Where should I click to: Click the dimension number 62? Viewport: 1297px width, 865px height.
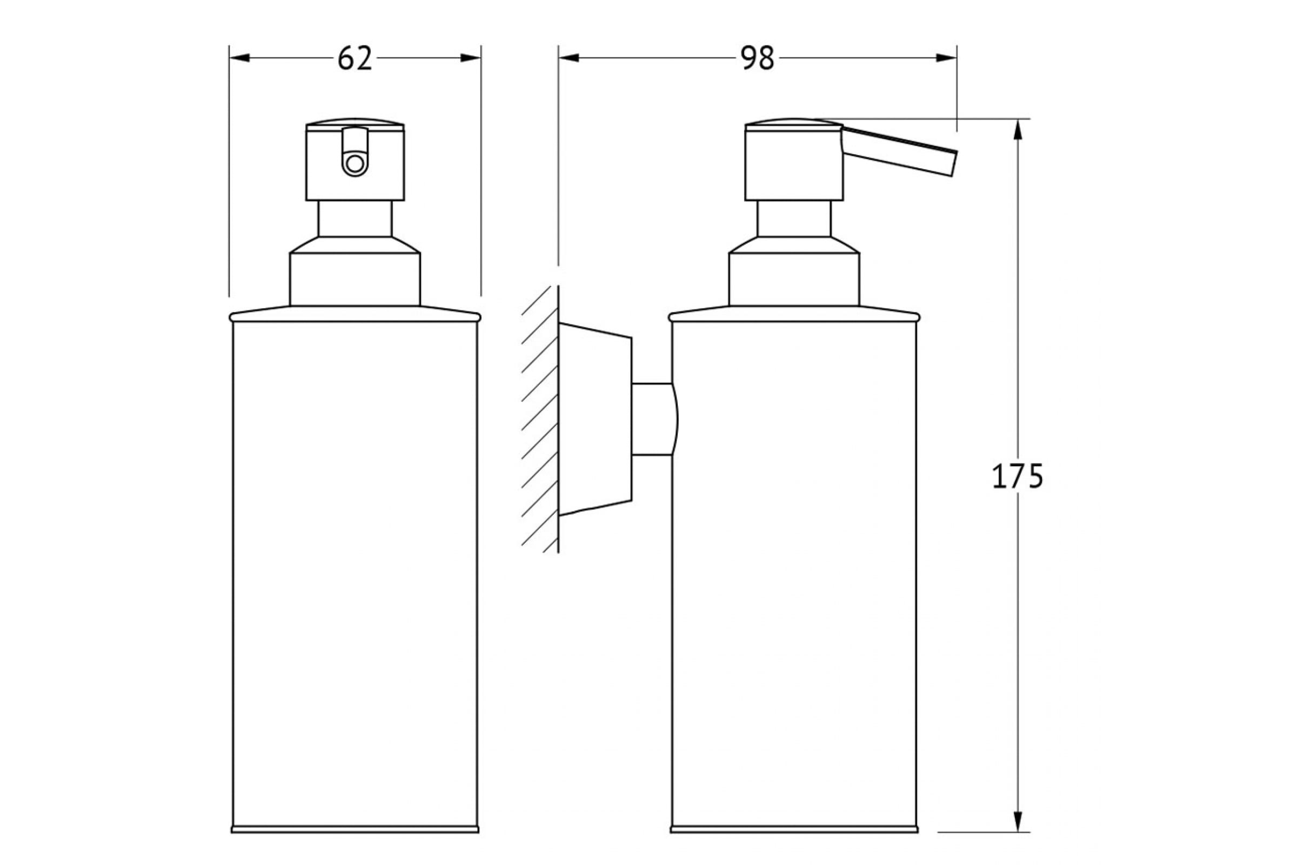coord(355,58)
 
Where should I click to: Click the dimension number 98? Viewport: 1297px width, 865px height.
coord(757,58)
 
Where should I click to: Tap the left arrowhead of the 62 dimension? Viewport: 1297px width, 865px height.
coord(239,58)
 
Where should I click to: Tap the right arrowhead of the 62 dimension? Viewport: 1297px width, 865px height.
coord(471,58)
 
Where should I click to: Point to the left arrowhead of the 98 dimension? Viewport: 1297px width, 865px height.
coord(569,58)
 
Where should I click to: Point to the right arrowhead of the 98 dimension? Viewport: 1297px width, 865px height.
coord(946,58)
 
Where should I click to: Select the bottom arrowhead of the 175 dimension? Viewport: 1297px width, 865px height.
coord(1018,837)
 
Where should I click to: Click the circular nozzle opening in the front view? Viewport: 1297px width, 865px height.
coord(355,164)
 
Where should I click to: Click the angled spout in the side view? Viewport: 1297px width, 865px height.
coord(899,151)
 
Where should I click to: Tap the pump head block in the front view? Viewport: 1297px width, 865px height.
coord(355,159)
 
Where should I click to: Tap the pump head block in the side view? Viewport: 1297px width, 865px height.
coord(794,159)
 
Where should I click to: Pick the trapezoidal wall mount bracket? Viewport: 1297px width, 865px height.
coord(595,420)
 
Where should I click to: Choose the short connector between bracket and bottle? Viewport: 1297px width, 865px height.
coord(654,420)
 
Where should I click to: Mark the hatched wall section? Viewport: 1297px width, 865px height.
coord(540,420)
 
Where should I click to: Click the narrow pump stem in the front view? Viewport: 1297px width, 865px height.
coord(355,218)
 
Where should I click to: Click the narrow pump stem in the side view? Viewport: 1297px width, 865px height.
coord(794,218)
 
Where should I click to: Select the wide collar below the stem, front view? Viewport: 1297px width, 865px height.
coord(355,271)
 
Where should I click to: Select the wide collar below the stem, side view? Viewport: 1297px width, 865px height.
coord(794,271)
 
